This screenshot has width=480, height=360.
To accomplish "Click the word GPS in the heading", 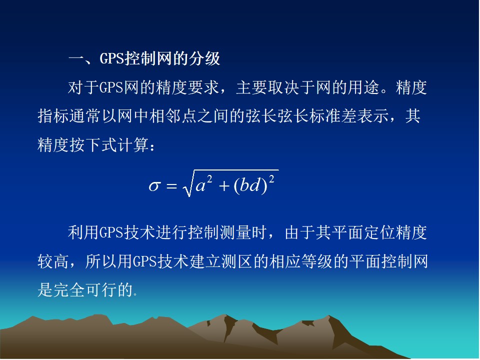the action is (111, 58).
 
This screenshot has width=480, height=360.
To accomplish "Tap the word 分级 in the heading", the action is (204, 58).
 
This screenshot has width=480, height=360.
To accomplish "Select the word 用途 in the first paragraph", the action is (363, 87).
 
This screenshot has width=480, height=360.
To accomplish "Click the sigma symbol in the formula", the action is (154, 186).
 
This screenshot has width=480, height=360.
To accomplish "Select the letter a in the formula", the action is (200, 185).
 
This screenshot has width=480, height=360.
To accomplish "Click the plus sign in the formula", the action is (224, 186).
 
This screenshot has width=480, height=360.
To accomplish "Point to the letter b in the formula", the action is (244, 184).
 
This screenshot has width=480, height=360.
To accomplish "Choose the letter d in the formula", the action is (254, 184).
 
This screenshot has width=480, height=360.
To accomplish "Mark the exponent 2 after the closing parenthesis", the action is (271, 179).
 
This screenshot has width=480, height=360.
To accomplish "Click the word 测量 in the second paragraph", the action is (235, 232).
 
